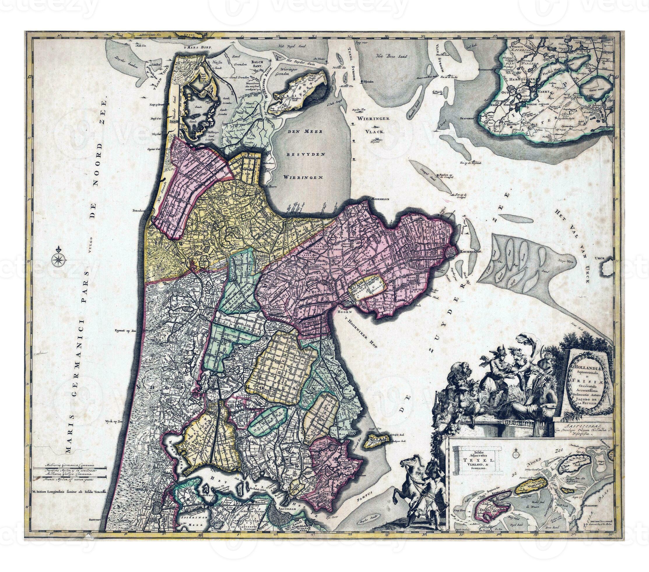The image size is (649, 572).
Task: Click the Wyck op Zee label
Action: coord(114,421)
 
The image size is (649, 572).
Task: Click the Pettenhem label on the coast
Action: coord(139,210)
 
